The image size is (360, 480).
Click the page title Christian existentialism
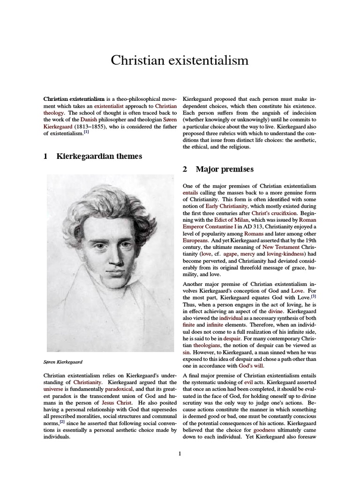pyautogui.click(x=180, y=60)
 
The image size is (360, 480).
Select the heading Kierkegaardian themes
pyautogui.click(x=99, y=156)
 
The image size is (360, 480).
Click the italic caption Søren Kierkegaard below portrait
pyautogui.click(x=63, y=362)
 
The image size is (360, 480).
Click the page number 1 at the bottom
pyautogui.click(x=180, y=453)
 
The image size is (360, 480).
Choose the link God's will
pyautogui.click(x=252, y=366)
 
